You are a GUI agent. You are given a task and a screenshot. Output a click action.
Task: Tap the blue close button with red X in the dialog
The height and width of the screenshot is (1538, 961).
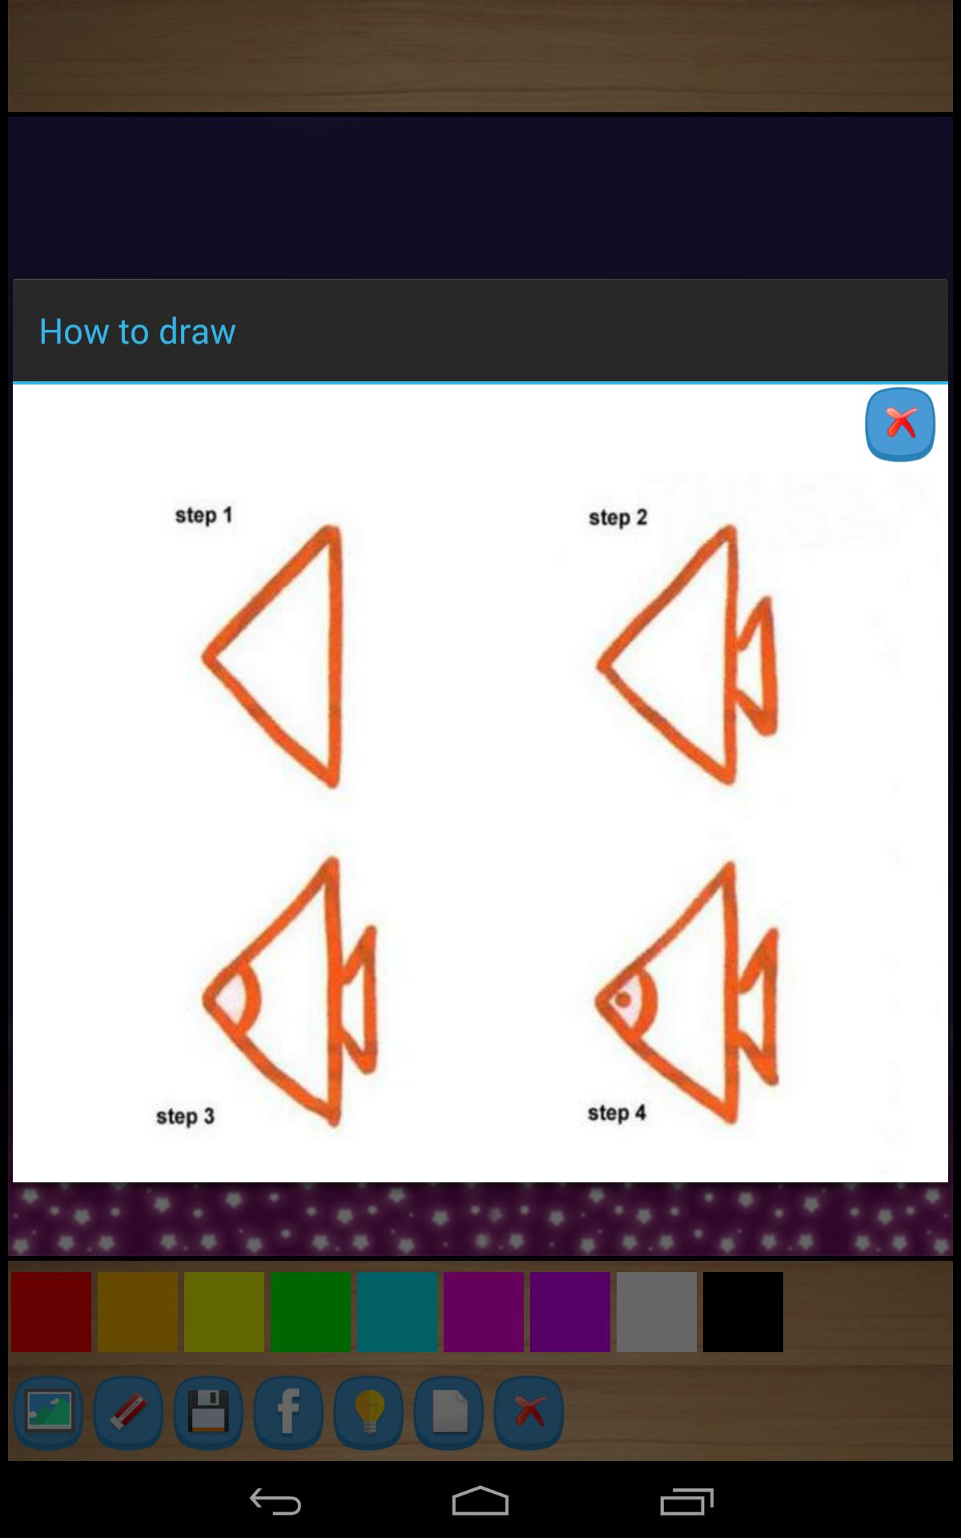point(899,424)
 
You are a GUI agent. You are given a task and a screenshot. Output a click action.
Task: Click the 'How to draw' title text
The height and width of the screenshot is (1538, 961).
point(137,331)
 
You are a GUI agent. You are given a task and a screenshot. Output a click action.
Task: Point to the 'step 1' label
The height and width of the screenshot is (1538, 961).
point(203,515)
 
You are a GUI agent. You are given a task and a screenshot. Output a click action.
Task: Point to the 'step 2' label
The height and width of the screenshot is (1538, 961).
point(617,517)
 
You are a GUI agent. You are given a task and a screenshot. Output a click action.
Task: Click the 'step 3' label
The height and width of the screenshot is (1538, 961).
point(185,1116)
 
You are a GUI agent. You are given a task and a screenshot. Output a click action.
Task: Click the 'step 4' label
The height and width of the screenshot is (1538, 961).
point(617,1113)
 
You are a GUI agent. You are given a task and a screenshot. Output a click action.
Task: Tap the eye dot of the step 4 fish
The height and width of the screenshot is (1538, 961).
point(623,1000)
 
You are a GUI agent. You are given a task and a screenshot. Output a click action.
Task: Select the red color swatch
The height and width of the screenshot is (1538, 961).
point(51,1312)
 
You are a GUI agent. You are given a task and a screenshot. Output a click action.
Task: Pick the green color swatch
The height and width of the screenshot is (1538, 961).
point(311,1312)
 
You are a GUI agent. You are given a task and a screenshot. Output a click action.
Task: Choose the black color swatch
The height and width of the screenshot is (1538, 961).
point(743,1312)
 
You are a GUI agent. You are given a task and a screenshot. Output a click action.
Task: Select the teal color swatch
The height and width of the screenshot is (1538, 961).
point(397,1312)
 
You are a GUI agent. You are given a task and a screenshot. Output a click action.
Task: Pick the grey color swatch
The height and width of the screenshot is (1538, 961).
point(657,1312)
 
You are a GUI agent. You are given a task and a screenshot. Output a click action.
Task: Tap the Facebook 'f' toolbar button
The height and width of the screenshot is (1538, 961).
point(288,1411)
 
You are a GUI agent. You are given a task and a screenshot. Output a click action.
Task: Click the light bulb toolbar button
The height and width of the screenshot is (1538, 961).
point(368,1411)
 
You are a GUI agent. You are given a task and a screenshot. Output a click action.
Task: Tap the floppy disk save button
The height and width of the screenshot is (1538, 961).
point(208,1411)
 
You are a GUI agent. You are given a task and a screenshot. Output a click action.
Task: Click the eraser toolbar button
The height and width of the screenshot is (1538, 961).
point(128,1411)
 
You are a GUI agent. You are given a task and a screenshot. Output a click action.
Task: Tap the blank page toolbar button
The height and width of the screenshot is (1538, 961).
point(448,1411)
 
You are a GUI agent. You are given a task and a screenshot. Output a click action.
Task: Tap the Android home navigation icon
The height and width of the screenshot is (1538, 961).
point(480,1501)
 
